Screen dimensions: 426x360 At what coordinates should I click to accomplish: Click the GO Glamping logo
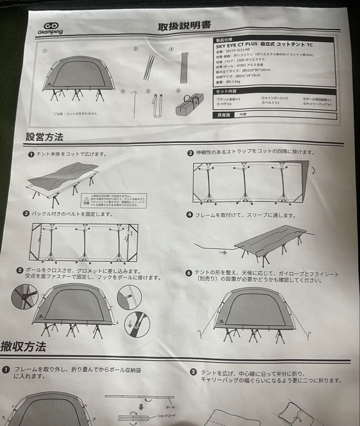50,28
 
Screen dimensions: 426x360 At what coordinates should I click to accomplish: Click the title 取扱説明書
184,26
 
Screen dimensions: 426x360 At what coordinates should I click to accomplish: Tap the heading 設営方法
44,137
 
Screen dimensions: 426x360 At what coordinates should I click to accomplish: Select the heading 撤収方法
24,347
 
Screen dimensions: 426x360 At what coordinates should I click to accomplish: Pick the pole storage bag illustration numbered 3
183,67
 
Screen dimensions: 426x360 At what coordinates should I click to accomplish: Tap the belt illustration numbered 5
157,105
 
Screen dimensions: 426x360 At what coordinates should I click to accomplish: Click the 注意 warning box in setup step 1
114,200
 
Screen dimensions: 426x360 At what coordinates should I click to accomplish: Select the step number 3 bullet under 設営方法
26,214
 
